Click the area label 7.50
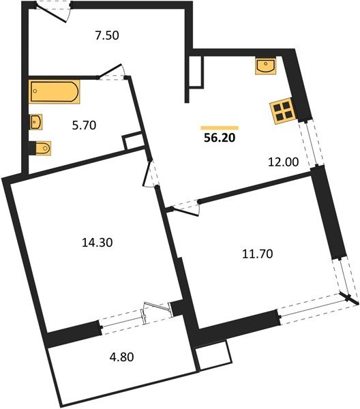[x=107, y=36]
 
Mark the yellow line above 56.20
[x=219, y=127]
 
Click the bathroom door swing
[x=111, y=72]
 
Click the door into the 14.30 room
[x=150, y=176]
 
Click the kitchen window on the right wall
[x=310, y=145]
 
